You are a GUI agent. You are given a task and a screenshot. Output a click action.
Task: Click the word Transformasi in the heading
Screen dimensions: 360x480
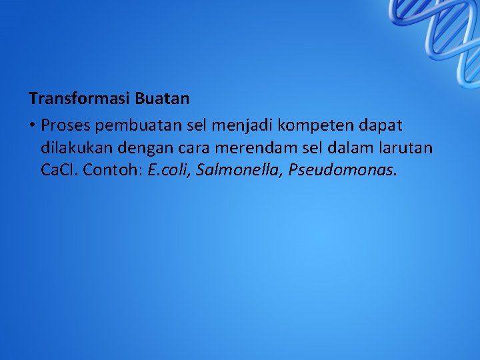(x=79, y=99)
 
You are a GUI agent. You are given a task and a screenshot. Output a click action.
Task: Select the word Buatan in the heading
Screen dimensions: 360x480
(x=162, y=99)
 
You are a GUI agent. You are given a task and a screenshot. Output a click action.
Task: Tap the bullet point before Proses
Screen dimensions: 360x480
(x=32, y=125)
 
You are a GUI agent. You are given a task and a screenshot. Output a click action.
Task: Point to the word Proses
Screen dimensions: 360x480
(x=65, y=125)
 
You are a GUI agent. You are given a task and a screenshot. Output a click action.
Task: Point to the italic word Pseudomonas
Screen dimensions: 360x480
(x=341, y=170)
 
